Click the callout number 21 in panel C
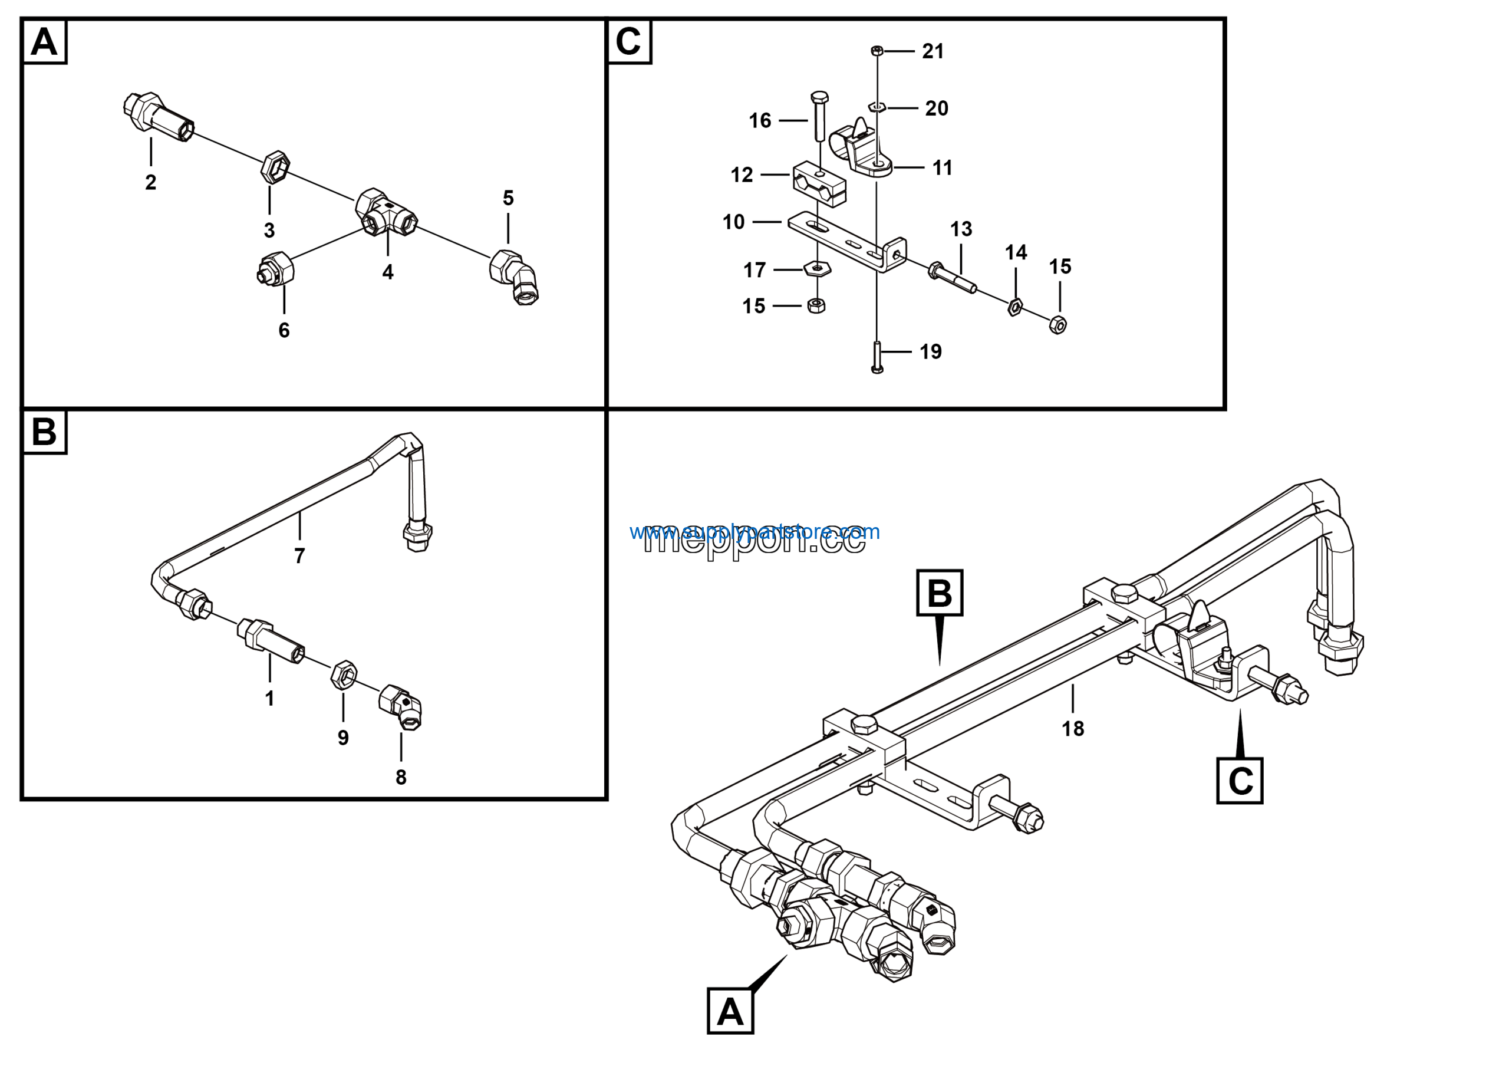tap(933, 51)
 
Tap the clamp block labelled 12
tap(819, 184)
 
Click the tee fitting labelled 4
tap(387, 212)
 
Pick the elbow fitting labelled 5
tap(516, 277)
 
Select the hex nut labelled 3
tap(275, 167)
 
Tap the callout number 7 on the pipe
tap(299, 556)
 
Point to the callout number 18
tap(1073, 728)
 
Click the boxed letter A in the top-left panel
tap(44, 42)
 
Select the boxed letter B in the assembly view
tap(939, 593)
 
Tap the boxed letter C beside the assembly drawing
tap(1240, 781)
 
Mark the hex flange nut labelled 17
tap(817, 268)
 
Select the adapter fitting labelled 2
tap(158, 116)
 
